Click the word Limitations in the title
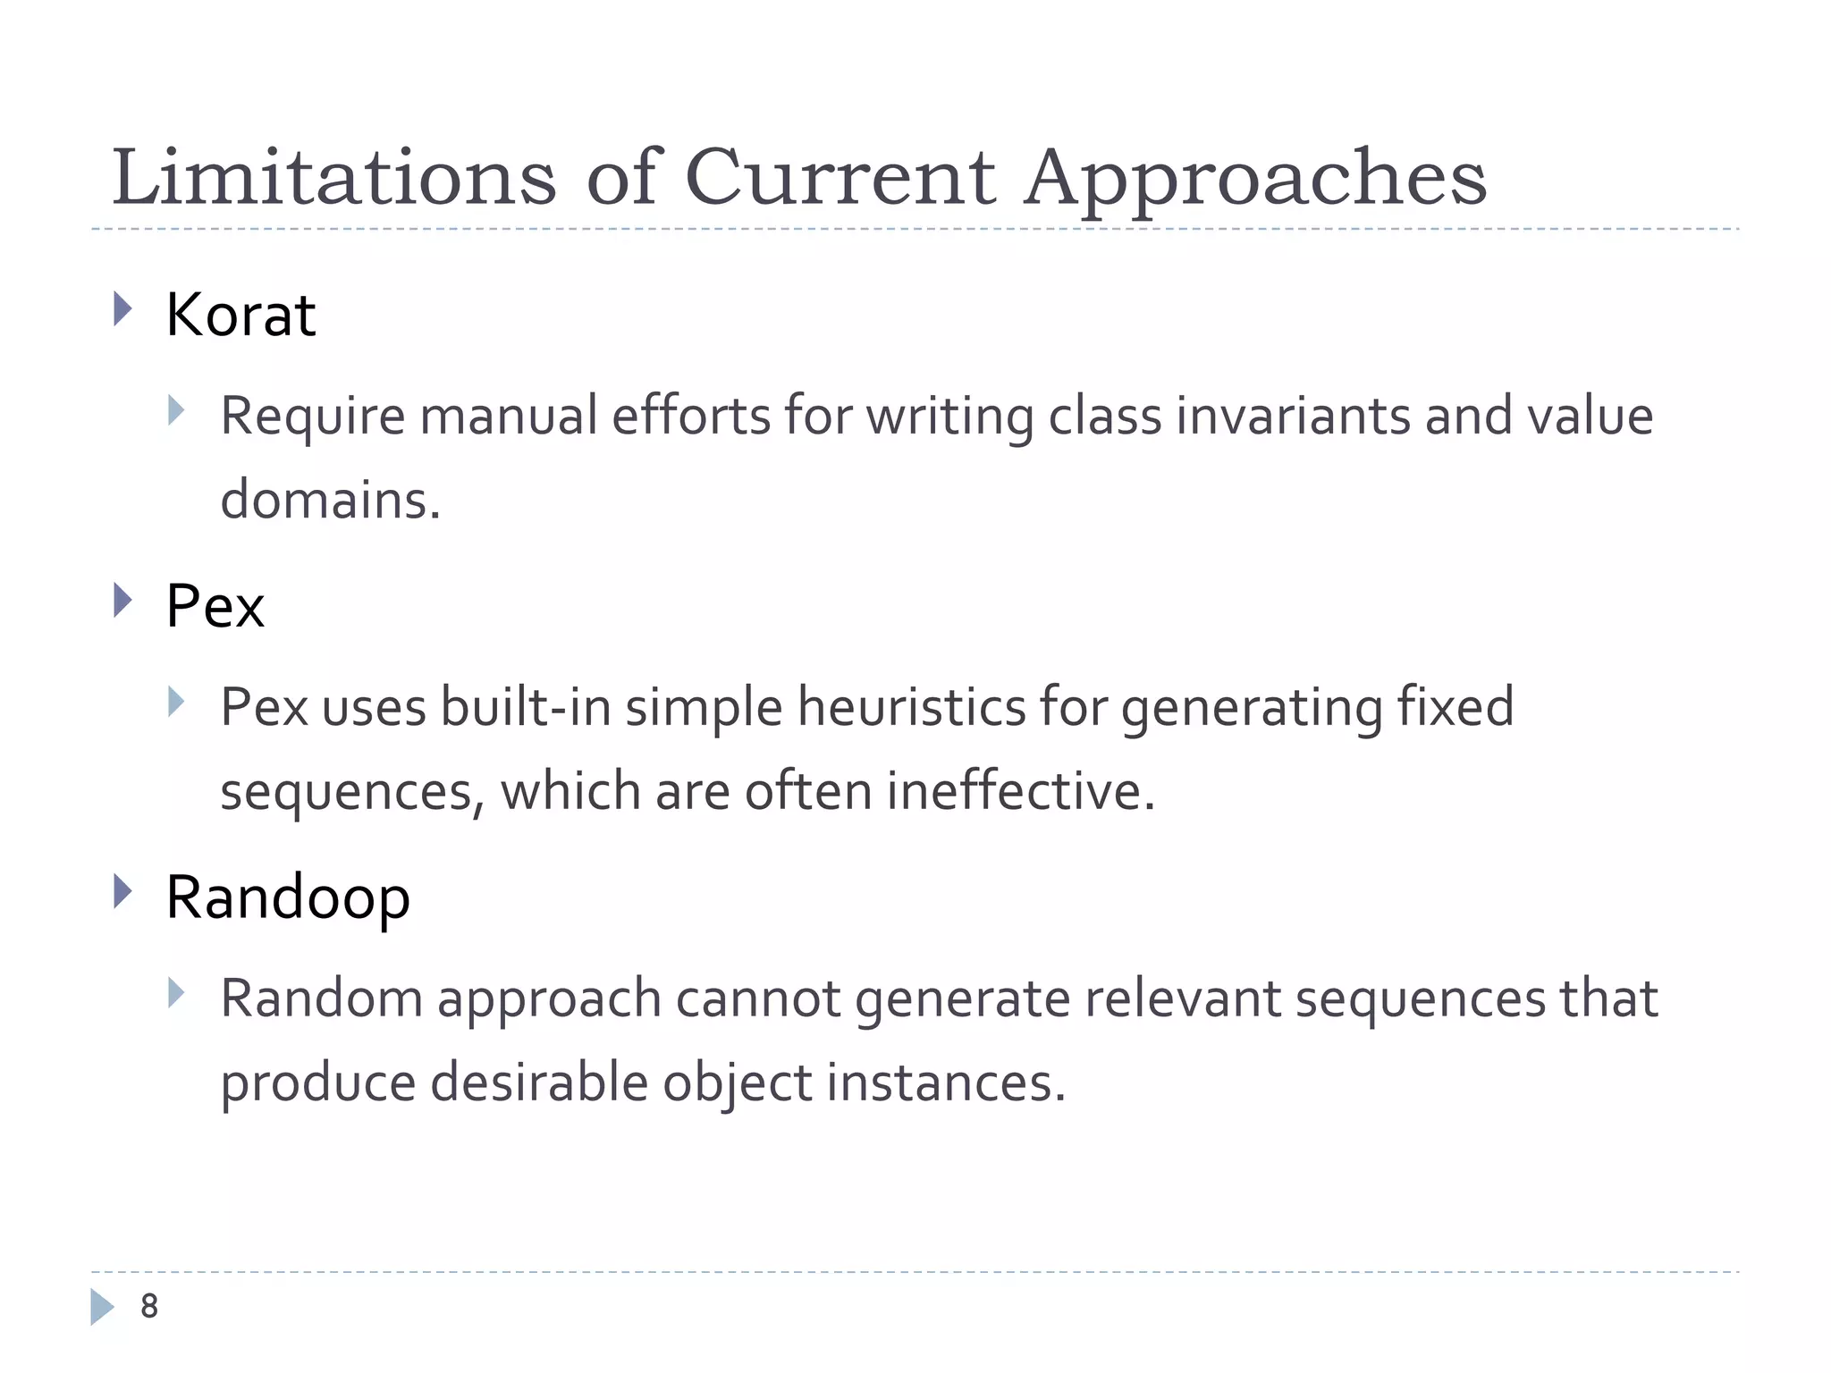(x=333, y=177)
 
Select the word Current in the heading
(x=840, y=177)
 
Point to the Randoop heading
(x=288, y=897)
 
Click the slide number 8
(x=149, y=1306)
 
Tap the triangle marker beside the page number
(x=103, y=1306)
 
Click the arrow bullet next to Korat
(x=123, y=310)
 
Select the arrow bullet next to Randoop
(x=123, y=892)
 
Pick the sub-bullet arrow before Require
(x=176, y=411)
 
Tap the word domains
(x=330, y=500)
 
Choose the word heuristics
(x=911, y=707)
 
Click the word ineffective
(x=1020, y=791)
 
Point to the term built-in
(x=526, y=707)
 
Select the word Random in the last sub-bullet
(x=321, y=998)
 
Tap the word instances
(x=945, y=1082)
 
